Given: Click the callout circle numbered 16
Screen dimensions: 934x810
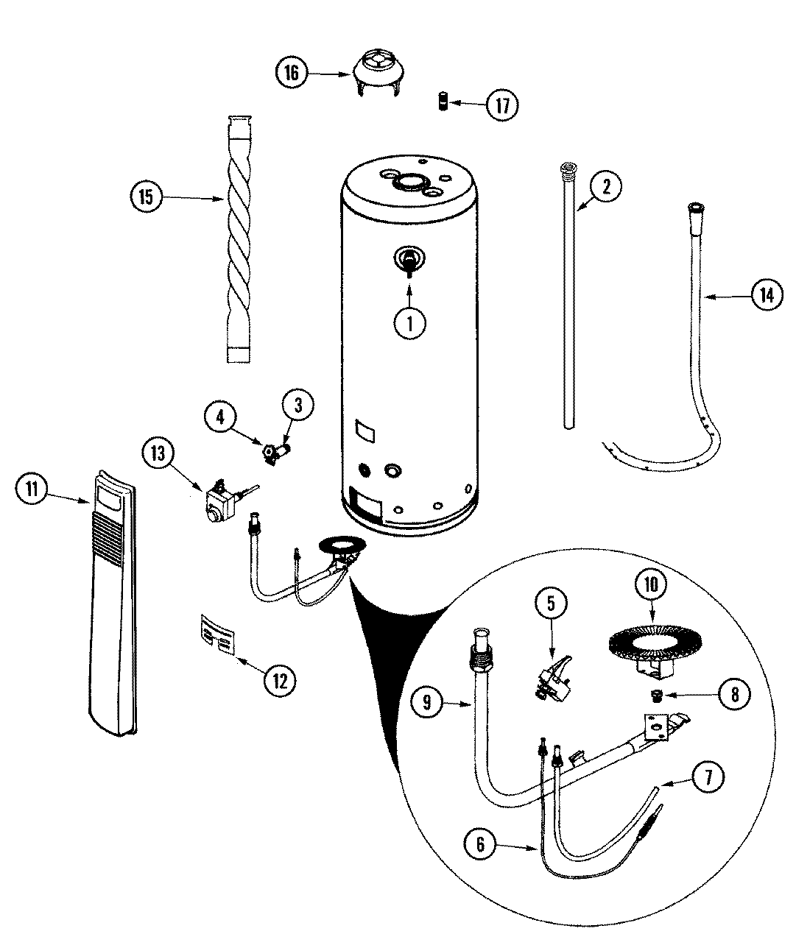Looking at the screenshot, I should tap(292, 72).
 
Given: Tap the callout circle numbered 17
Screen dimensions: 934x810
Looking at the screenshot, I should tap(501, 105).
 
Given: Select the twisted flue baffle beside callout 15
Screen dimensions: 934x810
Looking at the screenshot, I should tap(239, 238).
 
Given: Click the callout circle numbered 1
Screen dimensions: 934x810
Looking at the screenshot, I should tap(409, 323).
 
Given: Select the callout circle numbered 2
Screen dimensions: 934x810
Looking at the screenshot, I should tap(606, 186).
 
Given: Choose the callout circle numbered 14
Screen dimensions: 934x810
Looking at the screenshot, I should tap(767, 295).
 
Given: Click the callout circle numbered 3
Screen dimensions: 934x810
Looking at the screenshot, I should tap(298, 404).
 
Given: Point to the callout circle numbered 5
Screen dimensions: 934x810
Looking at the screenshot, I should tap(552, 603).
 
